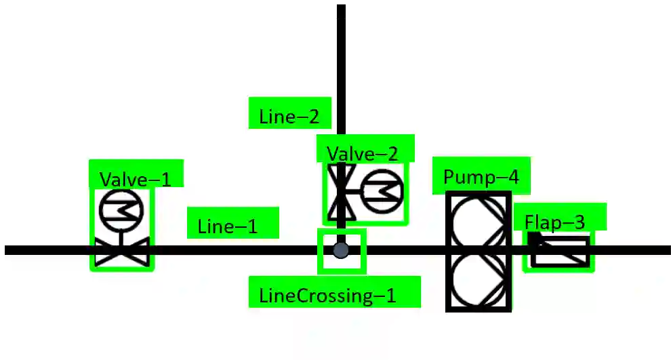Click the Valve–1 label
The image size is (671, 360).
[x=136, y=179]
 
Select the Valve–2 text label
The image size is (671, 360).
[x=362, y=154]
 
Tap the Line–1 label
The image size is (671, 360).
[x=228, y=226]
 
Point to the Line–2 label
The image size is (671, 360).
[x=289, y=117]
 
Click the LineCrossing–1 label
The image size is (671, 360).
[x=327, y=296]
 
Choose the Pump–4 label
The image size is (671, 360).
[x=481, y=177]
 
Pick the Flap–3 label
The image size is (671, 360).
[x=554, y=222]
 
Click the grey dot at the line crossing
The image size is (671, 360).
[x=341, y=250]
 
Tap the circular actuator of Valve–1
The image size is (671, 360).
[x=121, y=210]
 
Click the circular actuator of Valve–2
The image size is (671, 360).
[x=382, y=193]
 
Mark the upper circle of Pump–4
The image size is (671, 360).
[x=479, y=223]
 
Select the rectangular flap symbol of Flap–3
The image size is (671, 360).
[x=561, y=252]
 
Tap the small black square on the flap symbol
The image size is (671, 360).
[x=534, y=238]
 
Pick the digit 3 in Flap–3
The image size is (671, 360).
[x=577, y=222]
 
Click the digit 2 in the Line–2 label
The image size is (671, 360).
[x=312, y=117]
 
